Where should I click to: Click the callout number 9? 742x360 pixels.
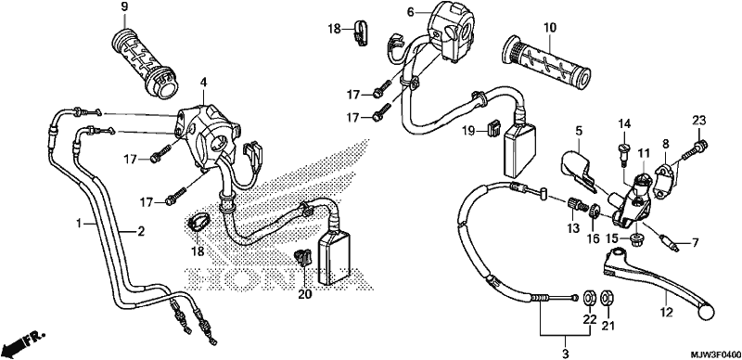124,7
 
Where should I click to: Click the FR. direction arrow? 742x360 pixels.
22,343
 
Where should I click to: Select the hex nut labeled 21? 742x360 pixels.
606,298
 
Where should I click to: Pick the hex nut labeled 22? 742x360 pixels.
589,298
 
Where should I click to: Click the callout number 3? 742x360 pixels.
565,353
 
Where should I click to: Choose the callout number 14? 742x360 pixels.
624,124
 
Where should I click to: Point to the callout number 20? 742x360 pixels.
305,295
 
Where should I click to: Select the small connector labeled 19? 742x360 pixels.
493,128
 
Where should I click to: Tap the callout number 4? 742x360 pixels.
203,83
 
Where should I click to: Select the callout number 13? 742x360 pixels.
573,228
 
